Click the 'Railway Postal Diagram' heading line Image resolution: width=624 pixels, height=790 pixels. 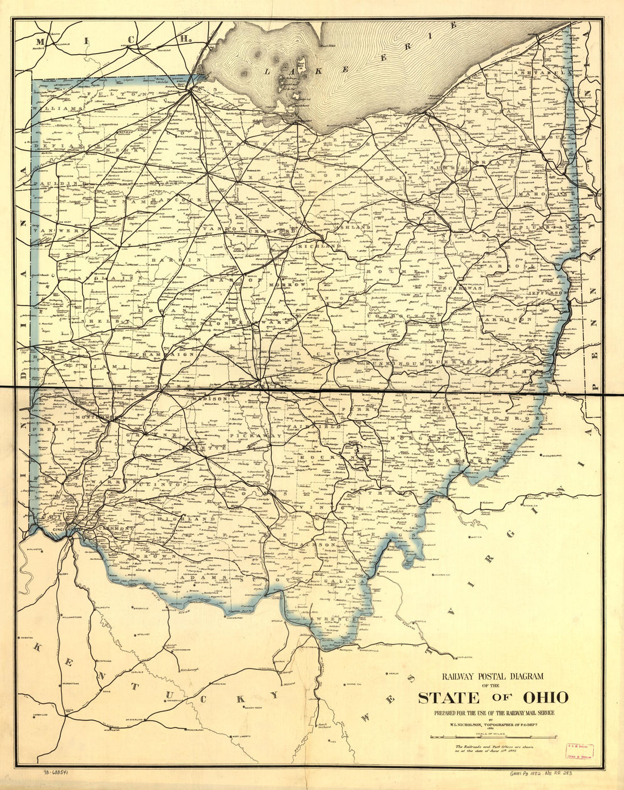pyautogui.click(x=492, y=676)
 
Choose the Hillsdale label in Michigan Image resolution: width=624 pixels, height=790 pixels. pyautogui.click(x=62, y=44)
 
